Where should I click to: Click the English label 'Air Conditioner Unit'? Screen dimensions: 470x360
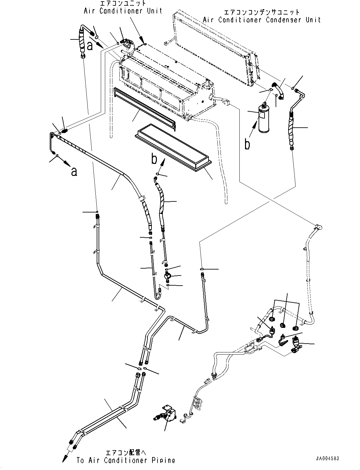pyautogui.click(x=123, y=11)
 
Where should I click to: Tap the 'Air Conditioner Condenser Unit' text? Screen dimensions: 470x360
pyautogui.click(x=262, y=20)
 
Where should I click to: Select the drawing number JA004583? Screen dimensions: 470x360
pyautogui.click(x=327, y=459)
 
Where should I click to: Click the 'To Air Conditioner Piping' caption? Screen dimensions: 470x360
pyautogui.click(x=126, y=460)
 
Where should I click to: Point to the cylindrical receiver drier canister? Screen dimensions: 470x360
pyautogui.click(x=263, y=118)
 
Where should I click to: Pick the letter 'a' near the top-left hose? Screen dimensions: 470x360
pyautogui.click(x=90, y=46)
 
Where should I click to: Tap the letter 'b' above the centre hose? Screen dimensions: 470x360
pyautogui.click(x=154, y=159)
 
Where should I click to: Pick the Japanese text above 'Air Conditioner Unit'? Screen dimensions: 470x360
pyautogui.click(x=123, y=3)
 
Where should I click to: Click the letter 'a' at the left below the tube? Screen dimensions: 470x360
pyautogui.click(x=74, y=172)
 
